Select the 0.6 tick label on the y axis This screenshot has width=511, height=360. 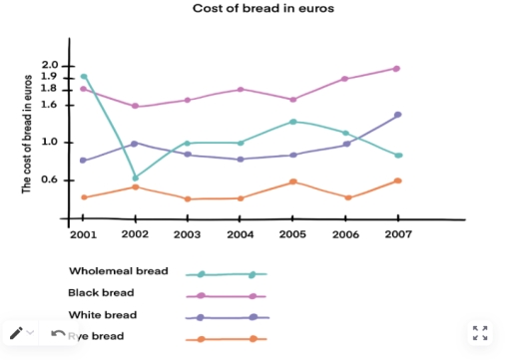51,180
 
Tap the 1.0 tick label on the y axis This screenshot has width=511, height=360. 51,142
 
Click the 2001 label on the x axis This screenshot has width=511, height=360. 83,235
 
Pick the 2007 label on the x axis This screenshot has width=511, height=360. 396,235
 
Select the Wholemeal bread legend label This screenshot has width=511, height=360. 118,270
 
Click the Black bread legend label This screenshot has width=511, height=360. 100,292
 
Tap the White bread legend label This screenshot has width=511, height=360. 102,314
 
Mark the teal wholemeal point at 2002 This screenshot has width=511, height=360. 135,178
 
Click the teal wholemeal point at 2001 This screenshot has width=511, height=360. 84,76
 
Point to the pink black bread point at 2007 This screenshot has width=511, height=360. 396,69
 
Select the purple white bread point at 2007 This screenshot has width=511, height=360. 396,115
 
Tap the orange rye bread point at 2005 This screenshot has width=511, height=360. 291,181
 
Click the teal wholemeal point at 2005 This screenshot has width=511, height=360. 291,122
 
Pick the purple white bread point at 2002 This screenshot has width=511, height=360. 135,144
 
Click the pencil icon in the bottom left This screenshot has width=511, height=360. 16,333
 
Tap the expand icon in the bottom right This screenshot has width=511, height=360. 480,333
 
